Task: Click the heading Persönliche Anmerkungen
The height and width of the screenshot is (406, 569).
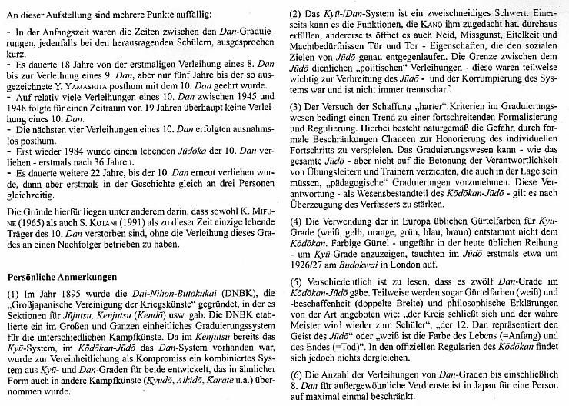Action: [67, 275]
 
